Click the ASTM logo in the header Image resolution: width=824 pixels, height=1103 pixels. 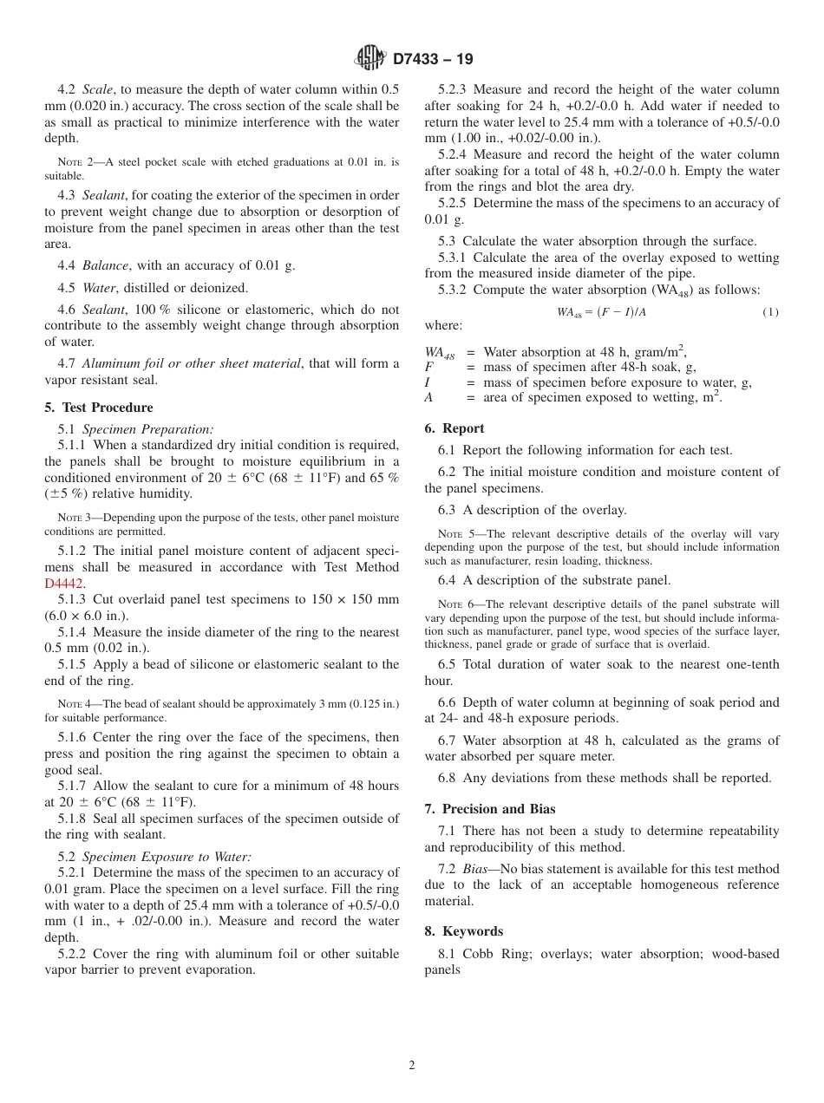coord(369,59)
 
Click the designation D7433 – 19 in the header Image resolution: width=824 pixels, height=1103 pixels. coord(433,60)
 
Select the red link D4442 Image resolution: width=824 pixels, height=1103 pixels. coord(63,584)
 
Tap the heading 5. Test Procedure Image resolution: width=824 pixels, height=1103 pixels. coord(99,408)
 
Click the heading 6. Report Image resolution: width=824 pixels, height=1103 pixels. coord(455,428)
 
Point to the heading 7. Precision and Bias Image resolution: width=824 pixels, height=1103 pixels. coord(489,809)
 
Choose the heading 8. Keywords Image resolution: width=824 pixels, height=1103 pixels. coord(464,931)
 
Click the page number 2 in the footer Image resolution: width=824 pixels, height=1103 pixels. coord(412,1066)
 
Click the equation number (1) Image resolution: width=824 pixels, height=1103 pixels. coord(770,312)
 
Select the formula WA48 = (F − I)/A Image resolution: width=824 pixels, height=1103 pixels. coord(601,312)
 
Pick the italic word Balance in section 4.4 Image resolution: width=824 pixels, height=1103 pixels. coord(105,266)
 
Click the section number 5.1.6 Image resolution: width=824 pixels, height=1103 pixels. coord(72,737)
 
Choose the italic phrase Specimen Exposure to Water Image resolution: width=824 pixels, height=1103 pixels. coord(167,857)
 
